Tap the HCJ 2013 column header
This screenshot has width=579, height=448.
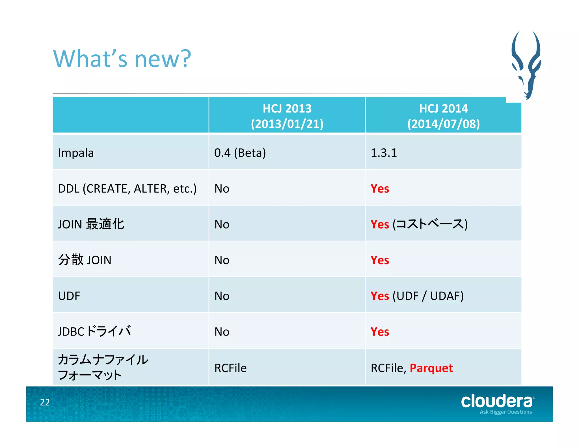coord(287,116)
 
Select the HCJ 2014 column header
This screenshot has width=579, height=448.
coord(443,116)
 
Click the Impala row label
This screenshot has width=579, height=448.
coord(76,153)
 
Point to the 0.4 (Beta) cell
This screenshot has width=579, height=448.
coord(240,153)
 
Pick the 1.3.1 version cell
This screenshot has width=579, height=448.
coord(384,153)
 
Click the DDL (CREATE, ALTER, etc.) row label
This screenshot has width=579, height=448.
coord(127,189)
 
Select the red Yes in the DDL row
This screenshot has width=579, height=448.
coord(380,189)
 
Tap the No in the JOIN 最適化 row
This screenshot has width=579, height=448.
coord(222,224)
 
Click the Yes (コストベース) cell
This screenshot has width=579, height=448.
coord(419,224)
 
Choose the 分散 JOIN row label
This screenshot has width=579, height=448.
coord(85,260)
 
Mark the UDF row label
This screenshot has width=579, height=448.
coord(69,296)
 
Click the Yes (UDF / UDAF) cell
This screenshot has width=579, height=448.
coord(417,296)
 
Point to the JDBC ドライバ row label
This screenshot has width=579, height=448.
coord(94,331)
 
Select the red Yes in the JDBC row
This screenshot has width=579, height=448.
coord(380,332)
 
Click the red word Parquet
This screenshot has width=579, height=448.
coord(431,368)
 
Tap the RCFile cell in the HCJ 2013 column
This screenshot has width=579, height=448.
coord(230,368)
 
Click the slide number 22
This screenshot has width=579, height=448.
coord(45,402)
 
